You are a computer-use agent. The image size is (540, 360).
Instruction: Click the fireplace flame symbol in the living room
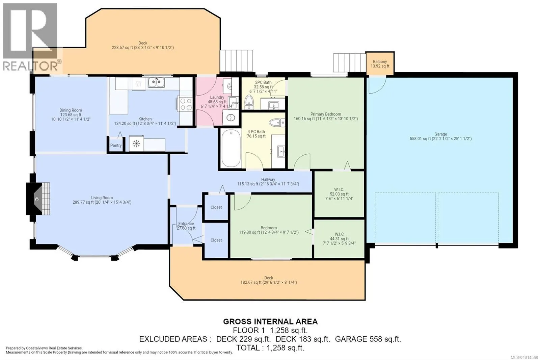[x=37, y=199]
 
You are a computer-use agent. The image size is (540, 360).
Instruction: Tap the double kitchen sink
[x=156, y=82]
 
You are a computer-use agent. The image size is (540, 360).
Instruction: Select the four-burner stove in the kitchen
[x=185, y=104]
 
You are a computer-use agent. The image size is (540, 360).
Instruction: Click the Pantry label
[x=116, y=145]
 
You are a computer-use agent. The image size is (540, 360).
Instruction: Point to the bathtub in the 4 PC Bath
[x=231, y=148]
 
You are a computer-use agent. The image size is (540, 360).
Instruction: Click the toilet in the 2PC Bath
[x=249, y=102]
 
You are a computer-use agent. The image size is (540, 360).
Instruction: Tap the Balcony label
[x=380, y=61]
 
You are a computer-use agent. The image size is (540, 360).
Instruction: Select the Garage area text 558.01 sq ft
[x=420, y=139]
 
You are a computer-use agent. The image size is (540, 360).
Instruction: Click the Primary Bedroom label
[x=326, y=114]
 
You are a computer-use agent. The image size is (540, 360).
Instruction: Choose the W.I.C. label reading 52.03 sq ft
[x=339, y=190]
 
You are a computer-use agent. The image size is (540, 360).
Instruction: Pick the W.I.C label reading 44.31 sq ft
[x=339, y=234]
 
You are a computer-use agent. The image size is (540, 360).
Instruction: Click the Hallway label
[x=268, y=179]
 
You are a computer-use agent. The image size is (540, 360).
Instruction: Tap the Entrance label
[x=186, y=224]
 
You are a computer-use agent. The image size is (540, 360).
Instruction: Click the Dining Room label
[x=71, y=110]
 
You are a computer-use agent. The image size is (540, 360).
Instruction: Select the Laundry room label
[x=217, y=97]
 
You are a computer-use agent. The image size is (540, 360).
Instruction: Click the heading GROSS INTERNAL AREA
[x=270, y=322]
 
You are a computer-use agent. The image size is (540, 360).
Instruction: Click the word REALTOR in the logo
[x=30, y=66]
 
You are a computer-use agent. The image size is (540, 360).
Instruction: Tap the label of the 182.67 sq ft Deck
[x=269, y=278]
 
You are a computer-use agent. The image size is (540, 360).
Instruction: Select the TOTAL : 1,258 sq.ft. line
[x=270, y=348]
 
